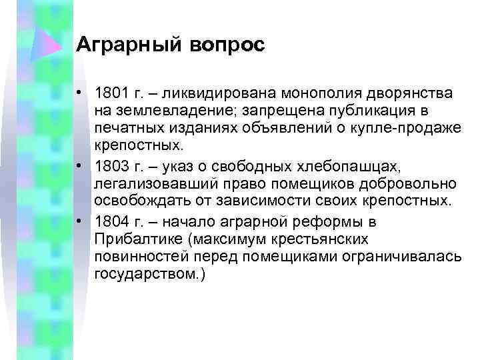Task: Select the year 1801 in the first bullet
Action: tap(109, 91)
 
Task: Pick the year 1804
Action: tap(109, 221)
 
